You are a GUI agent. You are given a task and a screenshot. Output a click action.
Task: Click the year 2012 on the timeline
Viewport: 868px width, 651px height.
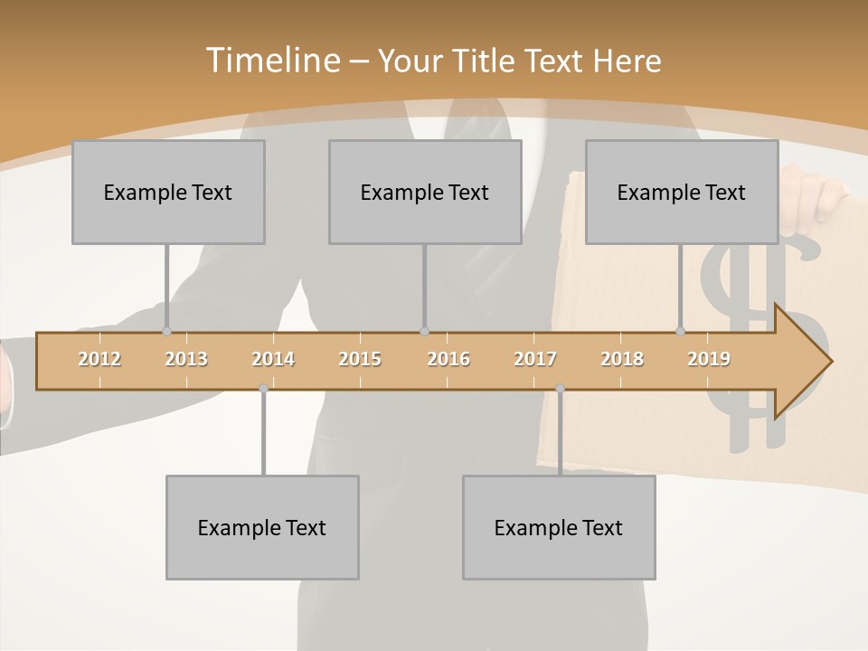[99, 360]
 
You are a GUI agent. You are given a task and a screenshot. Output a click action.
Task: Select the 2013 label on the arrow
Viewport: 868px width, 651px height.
[186, 360]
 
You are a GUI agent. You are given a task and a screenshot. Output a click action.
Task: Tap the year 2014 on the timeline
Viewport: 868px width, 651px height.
[273, 360]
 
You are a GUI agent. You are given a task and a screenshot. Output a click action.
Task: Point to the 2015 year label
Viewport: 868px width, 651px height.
[360, 360]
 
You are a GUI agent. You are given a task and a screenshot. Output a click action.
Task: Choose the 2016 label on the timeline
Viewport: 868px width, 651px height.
[448, 360]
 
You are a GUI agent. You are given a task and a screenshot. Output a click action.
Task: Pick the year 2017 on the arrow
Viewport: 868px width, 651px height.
[535, 360]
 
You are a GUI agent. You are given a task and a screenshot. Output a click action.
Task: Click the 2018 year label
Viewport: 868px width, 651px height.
[622, 360]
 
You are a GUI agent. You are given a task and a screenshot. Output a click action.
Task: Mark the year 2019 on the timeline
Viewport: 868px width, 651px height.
[709, 360]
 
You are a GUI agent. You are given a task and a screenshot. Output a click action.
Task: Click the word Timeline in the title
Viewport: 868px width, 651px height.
[271, 61]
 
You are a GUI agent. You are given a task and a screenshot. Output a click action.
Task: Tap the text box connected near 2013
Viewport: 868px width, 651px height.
[168, 192]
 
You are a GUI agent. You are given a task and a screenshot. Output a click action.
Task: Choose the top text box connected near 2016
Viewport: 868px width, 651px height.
[425, 192]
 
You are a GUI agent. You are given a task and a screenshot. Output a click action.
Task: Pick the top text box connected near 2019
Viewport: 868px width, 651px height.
[682, 192]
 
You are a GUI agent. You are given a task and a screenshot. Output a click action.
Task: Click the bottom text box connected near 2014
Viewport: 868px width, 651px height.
[262, 527]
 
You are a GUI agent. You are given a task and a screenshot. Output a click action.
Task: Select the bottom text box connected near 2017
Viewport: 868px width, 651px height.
[559, 527]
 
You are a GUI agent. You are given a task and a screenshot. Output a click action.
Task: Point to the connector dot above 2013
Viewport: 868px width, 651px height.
[166, 331]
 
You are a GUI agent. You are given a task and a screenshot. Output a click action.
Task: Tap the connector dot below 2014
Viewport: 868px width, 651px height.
[263, 389]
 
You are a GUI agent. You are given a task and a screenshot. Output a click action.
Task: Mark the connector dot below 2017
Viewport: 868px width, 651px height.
[560, 389]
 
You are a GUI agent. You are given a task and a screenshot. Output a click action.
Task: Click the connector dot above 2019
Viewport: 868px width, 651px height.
[681, 331]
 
